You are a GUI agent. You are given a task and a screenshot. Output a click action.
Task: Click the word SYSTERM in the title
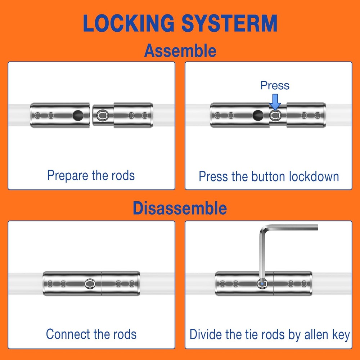(229, 23)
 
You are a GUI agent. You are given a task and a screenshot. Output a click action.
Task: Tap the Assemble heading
(180, 51)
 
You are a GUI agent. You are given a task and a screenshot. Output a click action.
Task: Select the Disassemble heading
(180, 208)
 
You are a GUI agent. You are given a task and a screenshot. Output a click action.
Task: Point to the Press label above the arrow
(275, 85)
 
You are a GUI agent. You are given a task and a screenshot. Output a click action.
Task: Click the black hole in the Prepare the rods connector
(78, 115)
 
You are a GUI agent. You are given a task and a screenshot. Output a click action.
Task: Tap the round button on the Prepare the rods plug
(103, 115)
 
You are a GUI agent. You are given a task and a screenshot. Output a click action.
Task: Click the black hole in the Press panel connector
(258, 115)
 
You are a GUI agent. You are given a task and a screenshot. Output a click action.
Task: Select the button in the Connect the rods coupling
(90, 284)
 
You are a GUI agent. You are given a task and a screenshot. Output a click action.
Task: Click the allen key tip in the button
(262, 284)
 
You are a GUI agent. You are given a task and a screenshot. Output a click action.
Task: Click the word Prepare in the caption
(68, 176)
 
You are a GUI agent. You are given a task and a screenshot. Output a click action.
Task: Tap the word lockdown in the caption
(314, 176)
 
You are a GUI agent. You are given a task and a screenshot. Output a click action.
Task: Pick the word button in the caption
(269, 176)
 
